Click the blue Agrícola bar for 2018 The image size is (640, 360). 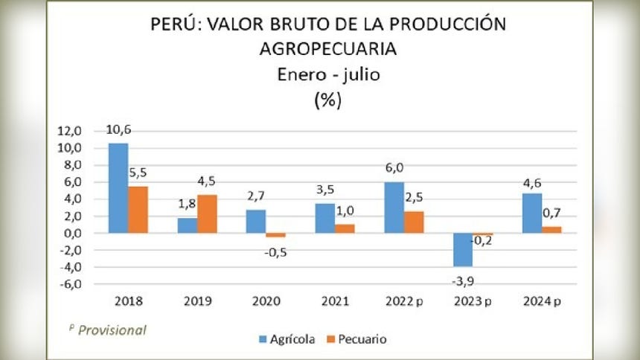coord(118,187)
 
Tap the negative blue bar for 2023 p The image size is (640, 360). coord(464,249)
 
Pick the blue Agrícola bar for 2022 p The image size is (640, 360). coord(394,208)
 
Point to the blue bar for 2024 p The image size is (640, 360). coord(531,213)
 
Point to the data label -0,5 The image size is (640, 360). coord(277,251)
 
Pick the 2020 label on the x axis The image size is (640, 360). coord(266,302)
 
